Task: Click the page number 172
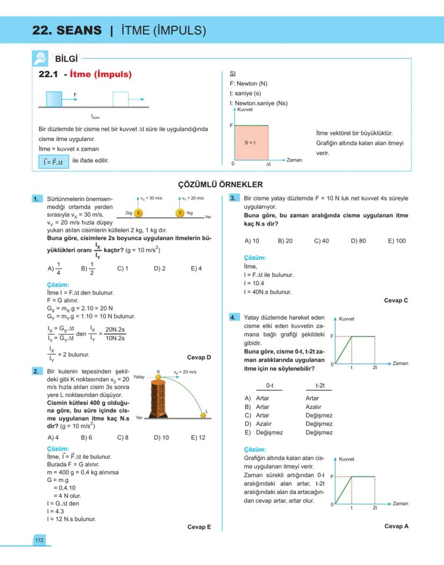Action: (39, 540)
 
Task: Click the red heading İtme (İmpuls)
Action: (100, 75)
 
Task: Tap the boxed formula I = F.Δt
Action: (54, 162)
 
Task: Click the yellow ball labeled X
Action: (138, 213)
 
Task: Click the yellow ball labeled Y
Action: (180, 213)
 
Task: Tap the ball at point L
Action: (204, 414)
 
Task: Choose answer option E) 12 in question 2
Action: (198, 437)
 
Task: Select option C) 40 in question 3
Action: (321, 241)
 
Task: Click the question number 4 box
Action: (233, 317)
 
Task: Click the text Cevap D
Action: (199, 357)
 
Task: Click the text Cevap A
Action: (396, 526)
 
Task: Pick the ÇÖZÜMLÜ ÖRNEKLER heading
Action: (220, 185)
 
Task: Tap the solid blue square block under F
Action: (54, 99)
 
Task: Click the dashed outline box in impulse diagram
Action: (120, 99)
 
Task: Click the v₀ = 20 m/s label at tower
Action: (185, 372)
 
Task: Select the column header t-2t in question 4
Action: (323, 386)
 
